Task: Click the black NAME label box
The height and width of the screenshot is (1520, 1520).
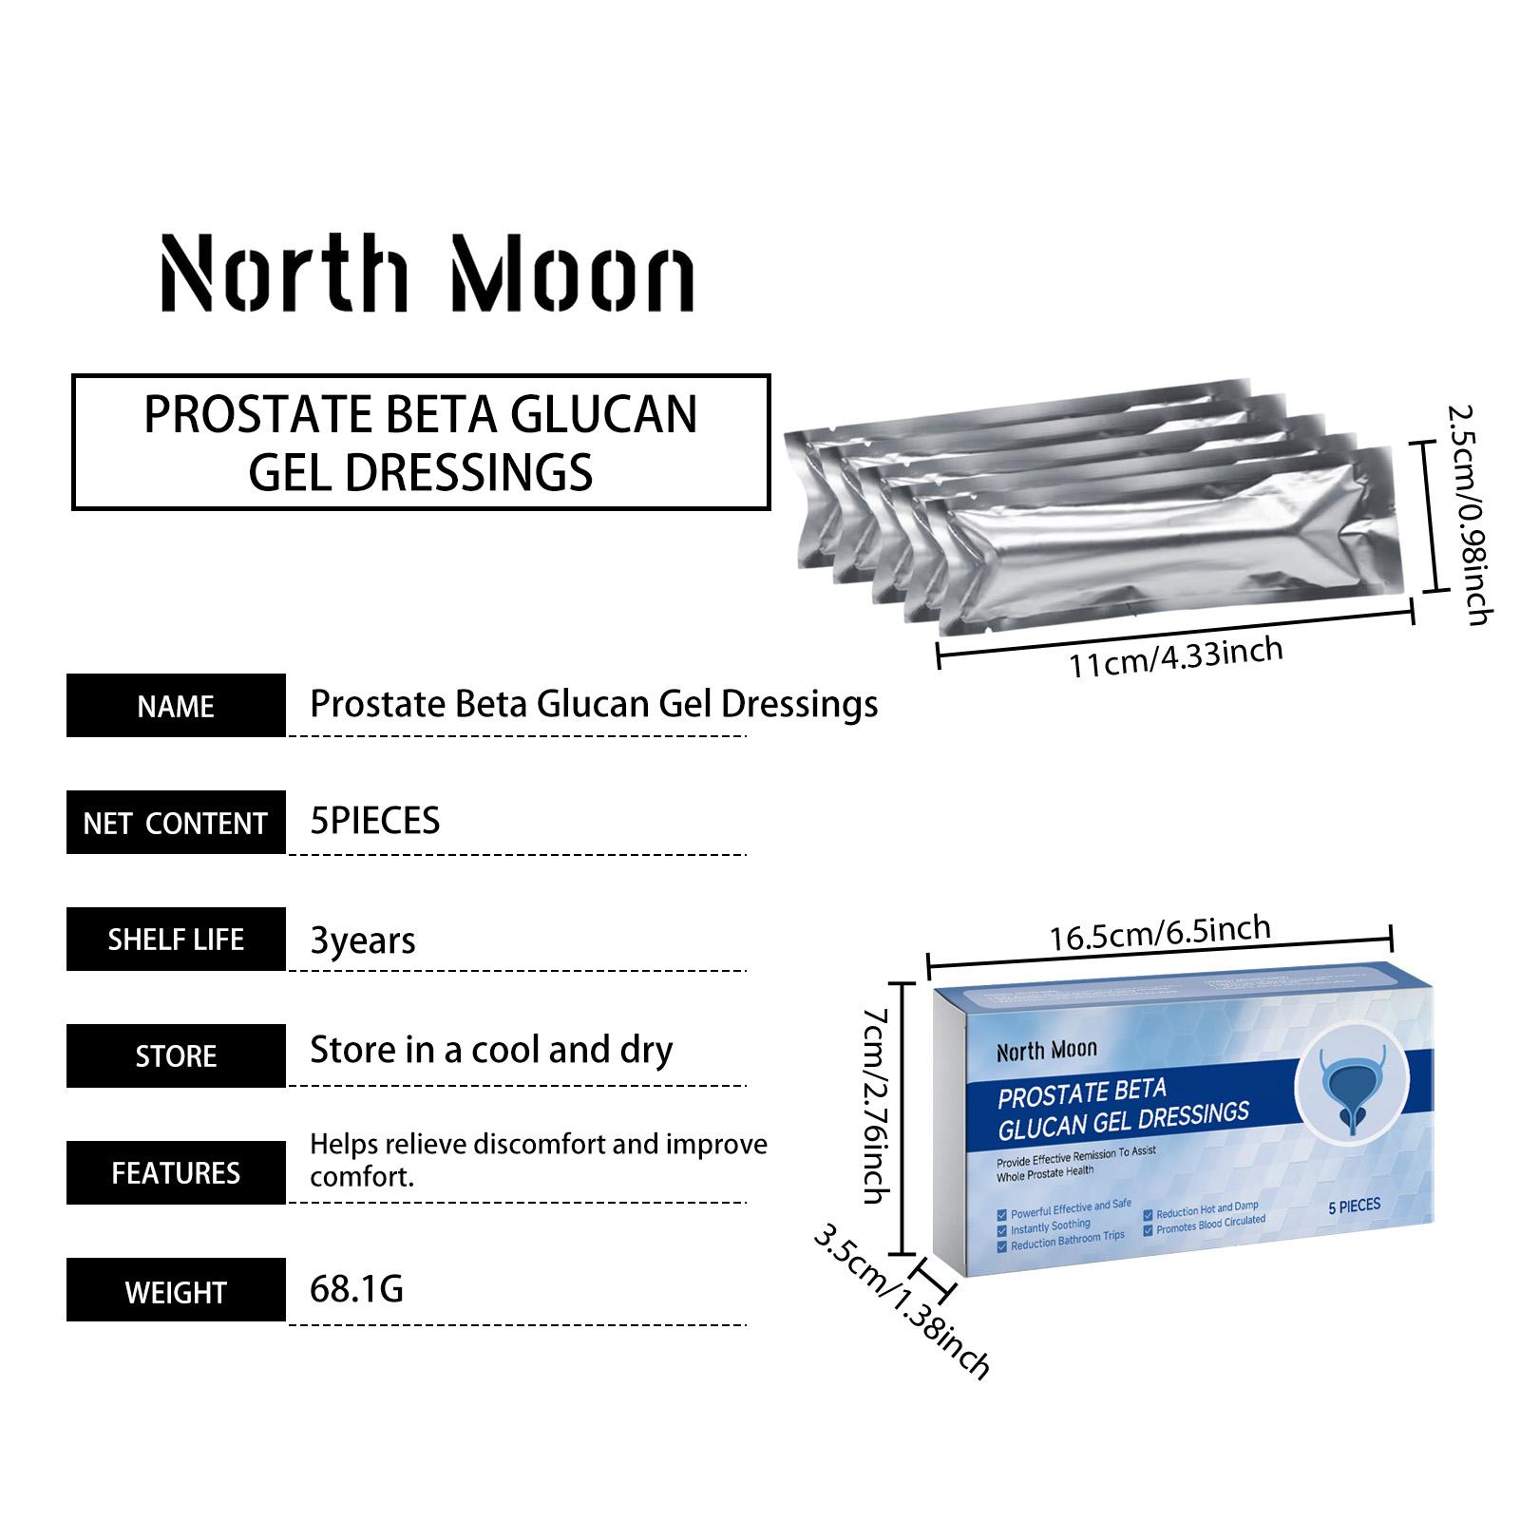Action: [x=176, y=706]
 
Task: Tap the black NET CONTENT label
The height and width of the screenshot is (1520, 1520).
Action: [x=176, y=823]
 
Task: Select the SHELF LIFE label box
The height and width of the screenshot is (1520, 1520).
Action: [x=176, y=940]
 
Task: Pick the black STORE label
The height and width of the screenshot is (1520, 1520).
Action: [x=176, y=1056]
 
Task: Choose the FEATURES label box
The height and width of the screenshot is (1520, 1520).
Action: [x=176, y=1173]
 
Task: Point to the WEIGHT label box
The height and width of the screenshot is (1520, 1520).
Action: [x=176, y=1290]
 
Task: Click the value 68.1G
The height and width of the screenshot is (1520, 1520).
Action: [x=357, y=1289]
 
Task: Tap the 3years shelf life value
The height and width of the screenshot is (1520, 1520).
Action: [x=363, y=940]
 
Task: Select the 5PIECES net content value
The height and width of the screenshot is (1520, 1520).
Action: [x=375, y=821]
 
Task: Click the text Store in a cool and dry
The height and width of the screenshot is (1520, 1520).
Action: [x=491, y=1051]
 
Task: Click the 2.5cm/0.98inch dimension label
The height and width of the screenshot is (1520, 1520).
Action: [x=1470, y=515]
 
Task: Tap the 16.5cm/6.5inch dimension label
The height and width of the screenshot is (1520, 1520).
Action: [x=1160, y=932]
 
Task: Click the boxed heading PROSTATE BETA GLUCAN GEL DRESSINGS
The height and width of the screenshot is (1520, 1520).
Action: [x=421, y=443]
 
